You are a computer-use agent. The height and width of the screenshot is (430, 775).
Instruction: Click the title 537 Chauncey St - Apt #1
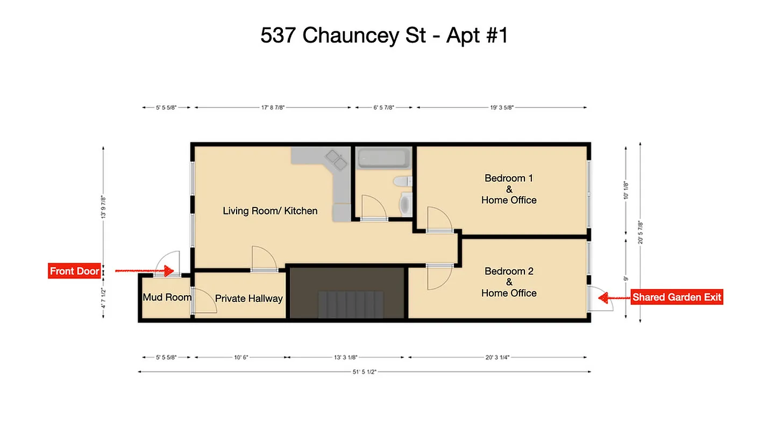pyautogui.click(x=384, y=36)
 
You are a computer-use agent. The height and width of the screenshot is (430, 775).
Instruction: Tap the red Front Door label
pyautogui.click(x=74, y=271)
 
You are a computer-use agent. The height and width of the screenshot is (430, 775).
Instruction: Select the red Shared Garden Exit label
pyautogui.click(x=677, y=297)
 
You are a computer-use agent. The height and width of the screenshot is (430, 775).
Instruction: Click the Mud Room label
pyautogui.click(x=167, y=297)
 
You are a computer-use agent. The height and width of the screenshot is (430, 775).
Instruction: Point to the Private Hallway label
pyautogui.click(x=248, y=298)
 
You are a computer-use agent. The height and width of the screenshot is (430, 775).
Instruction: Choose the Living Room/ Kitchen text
pyautogui.click(x=270, y=211)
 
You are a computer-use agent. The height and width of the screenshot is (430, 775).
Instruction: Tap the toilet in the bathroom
pyautogui.click(x=403, y=182)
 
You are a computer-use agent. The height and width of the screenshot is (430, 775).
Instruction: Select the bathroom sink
pyautogui.click(x=405, y=204)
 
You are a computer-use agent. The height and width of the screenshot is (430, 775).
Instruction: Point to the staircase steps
pyautogui.click(x=351, y=305)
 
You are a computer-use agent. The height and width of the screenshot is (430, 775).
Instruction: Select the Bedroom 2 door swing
pyautogui.click(x=438, y=278)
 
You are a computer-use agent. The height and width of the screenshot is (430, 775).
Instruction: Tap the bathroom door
pyautogui.click(x=373, y=208)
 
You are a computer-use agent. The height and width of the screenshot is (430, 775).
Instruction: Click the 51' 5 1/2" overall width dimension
pyautogui.click(x=364, y=371)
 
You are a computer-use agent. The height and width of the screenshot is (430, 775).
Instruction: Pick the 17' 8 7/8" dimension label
pyautogui.click(x=273, y=107)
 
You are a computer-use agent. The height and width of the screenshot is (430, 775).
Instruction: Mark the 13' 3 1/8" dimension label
pyautogui.click(x=345, y=357)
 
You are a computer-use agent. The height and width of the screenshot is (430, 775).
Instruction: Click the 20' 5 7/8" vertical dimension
pyautogui.click(x=640, y=232)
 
